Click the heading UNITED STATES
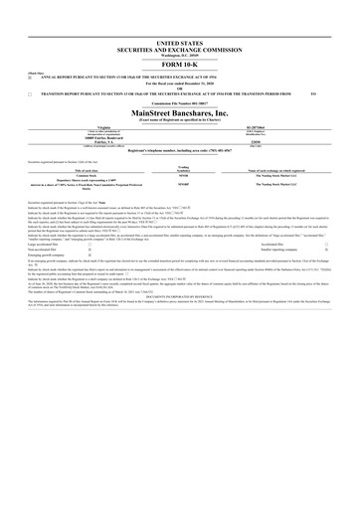[179, 46]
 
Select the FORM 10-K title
[179, 67]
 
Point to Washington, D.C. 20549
[179, 58]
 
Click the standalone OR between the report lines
[179, 87]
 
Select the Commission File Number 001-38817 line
[179, 102]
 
